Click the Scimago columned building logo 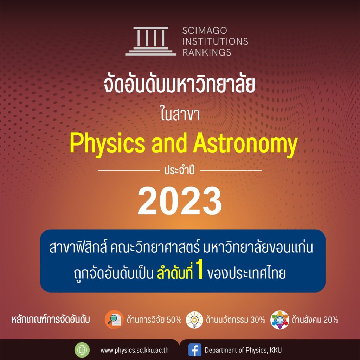point(151,41)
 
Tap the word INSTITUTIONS point(215,41)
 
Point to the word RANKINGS point(207,52)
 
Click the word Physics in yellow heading point(108,144)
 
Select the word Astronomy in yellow point(245,144)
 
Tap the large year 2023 point(180,201)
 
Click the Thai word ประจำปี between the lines point(180,171)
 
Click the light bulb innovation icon point(194,320)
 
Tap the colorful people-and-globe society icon point(279,320)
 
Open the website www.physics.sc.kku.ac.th point(135,351)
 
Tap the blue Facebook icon point(195,350)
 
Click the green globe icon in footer point(82,350)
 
